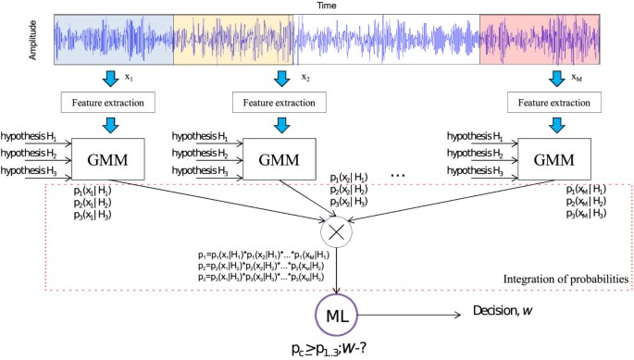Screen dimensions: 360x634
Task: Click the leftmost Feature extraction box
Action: pos(109,101)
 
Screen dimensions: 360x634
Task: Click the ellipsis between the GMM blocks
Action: pos(401,173)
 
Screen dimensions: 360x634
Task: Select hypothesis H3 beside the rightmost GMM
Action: pos(479,171)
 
